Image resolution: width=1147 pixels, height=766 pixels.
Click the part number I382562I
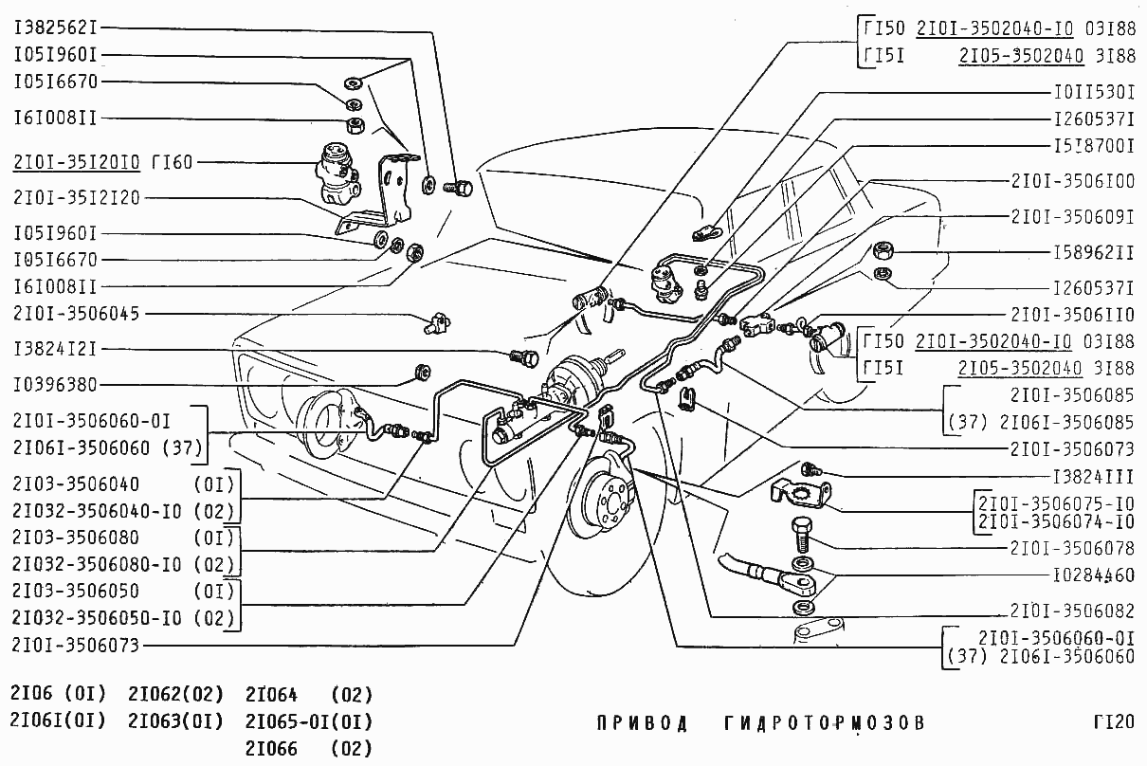point(55,27)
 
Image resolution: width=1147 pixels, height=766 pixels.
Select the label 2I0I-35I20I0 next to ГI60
point(76,162)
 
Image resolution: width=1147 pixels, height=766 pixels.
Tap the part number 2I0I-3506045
point(76,314)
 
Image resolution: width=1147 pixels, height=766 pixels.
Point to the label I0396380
point(55,385)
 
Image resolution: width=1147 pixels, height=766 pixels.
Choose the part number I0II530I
point(1094,93)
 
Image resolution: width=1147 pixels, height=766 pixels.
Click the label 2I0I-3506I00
point(1073,181)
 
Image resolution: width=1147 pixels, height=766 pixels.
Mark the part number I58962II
point(1094,252)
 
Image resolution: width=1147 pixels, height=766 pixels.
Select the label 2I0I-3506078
point(1072,548)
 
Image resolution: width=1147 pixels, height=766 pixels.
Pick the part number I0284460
point(1094,575)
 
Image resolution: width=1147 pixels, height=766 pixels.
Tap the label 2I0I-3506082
point(1072,611)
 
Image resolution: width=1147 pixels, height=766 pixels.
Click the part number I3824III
point(1094,477)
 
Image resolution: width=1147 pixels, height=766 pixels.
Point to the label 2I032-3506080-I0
point(97,564)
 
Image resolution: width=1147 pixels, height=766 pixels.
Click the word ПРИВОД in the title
point(643,723)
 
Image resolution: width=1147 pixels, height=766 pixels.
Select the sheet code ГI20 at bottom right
point(1114,722)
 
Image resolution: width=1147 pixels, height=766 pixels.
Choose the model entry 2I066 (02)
point(309,749)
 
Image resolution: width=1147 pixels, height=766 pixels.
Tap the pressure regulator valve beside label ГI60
point(337,173)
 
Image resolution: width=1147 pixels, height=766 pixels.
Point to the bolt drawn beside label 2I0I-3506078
point(802,535)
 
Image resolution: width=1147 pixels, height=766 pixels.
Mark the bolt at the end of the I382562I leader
point(459,188)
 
